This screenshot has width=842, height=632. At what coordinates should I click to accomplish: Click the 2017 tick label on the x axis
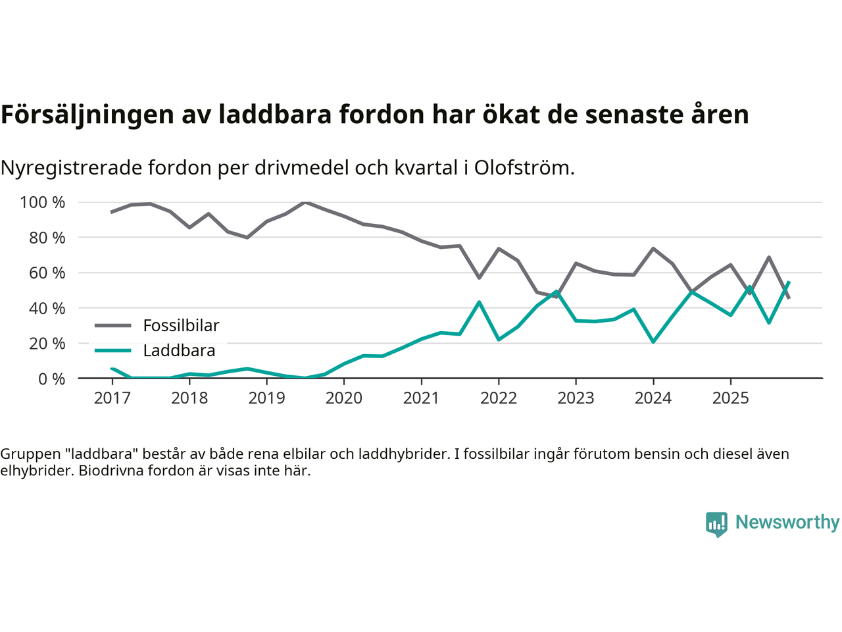(112, 398)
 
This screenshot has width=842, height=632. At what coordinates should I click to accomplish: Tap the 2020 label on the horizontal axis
(344, 398)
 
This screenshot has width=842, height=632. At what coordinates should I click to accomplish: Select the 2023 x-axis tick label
(576, 398)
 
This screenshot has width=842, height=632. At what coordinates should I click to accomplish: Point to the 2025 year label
(730, 398)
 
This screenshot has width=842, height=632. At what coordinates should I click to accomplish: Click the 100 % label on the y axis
(43, 202)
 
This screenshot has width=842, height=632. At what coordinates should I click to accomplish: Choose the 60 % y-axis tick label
(47, 273)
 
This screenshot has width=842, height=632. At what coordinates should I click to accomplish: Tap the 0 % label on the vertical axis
(51, 379)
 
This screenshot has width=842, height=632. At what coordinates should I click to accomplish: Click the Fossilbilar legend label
(181, 325)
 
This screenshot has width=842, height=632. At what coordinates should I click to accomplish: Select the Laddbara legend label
(179, 350)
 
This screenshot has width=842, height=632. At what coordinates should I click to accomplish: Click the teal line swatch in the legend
(113, 350)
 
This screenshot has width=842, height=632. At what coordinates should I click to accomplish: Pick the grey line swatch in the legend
(113, 325)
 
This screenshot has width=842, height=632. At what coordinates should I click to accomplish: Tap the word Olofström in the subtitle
(524, 168)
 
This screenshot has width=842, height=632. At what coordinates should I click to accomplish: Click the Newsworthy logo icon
(716, 524)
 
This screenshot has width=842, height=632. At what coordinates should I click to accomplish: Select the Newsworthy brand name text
(787, 522)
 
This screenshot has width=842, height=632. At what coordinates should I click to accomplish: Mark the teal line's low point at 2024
(653, 342)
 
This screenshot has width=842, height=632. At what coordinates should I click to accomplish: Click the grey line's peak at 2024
(653, 248)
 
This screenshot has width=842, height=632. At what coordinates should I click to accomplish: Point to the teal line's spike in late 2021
(480, 302)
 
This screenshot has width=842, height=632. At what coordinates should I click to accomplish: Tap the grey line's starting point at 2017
(112, 212)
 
